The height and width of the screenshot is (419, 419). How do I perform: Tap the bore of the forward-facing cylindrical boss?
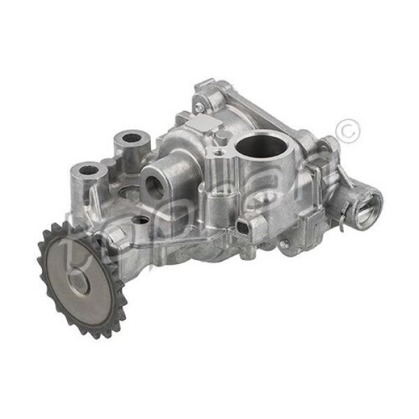154,186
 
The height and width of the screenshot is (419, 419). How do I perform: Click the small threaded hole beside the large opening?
219,151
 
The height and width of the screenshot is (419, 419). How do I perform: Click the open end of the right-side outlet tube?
367,203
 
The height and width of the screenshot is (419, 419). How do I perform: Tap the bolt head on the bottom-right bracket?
284,244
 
